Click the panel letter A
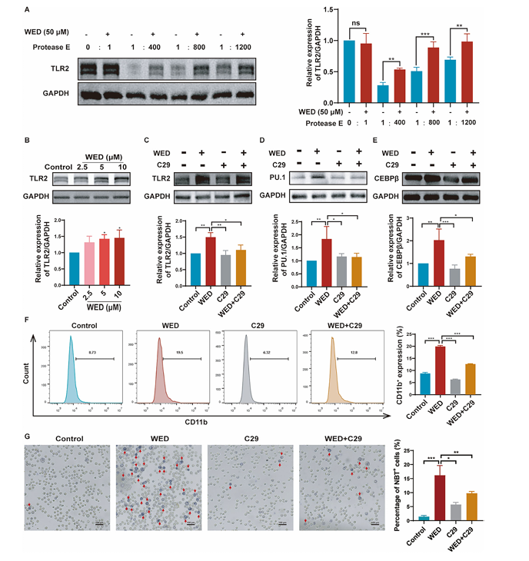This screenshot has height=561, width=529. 28,10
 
